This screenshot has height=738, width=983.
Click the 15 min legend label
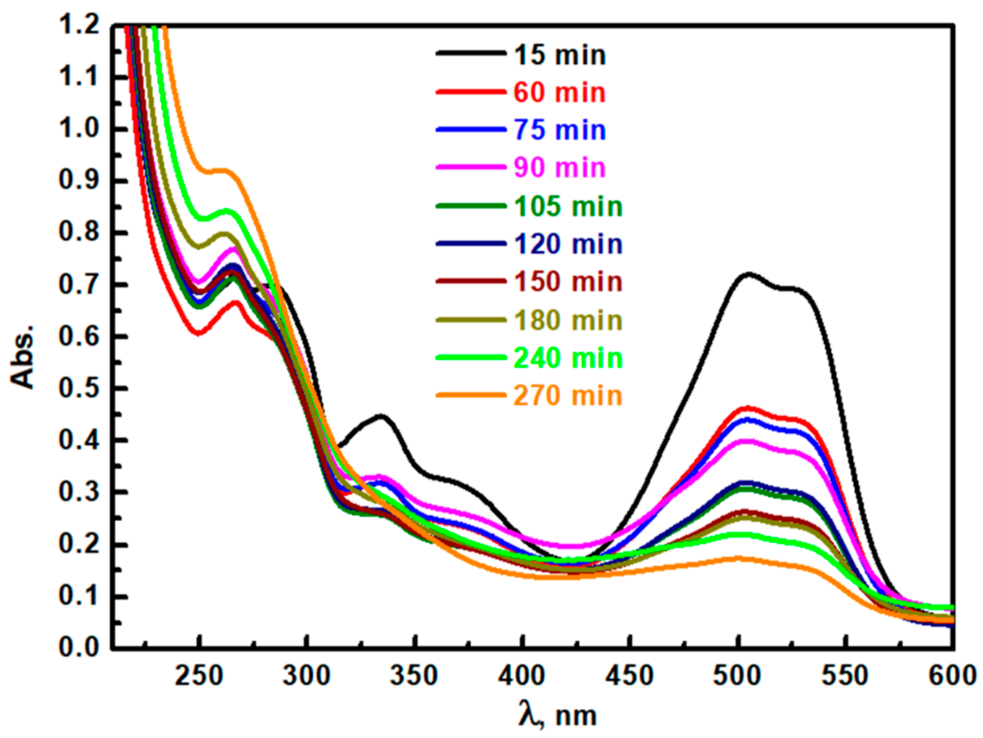click(x=560, y=55)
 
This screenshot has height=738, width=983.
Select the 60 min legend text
click(x=560, y=93)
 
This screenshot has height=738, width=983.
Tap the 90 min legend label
click(x=560, y=168)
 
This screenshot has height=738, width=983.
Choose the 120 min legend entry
click(x=568, y=245)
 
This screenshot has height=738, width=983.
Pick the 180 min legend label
click(x=568, y=321)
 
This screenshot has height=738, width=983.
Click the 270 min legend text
click(x=568, y=396)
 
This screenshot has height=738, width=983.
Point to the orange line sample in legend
click(x=471, y=395)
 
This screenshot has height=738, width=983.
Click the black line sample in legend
click(x=471, y=53)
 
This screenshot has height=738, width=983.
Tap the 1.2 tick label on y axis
click(x=79, y=25)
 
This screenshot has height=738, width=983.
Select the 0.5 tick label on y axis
click(x=79, y=388)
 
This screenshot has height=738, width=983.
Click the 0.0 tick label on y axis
click(x=79, y=648)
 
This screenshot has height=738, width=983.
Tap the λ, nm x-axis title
click(x=558, y=715)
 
